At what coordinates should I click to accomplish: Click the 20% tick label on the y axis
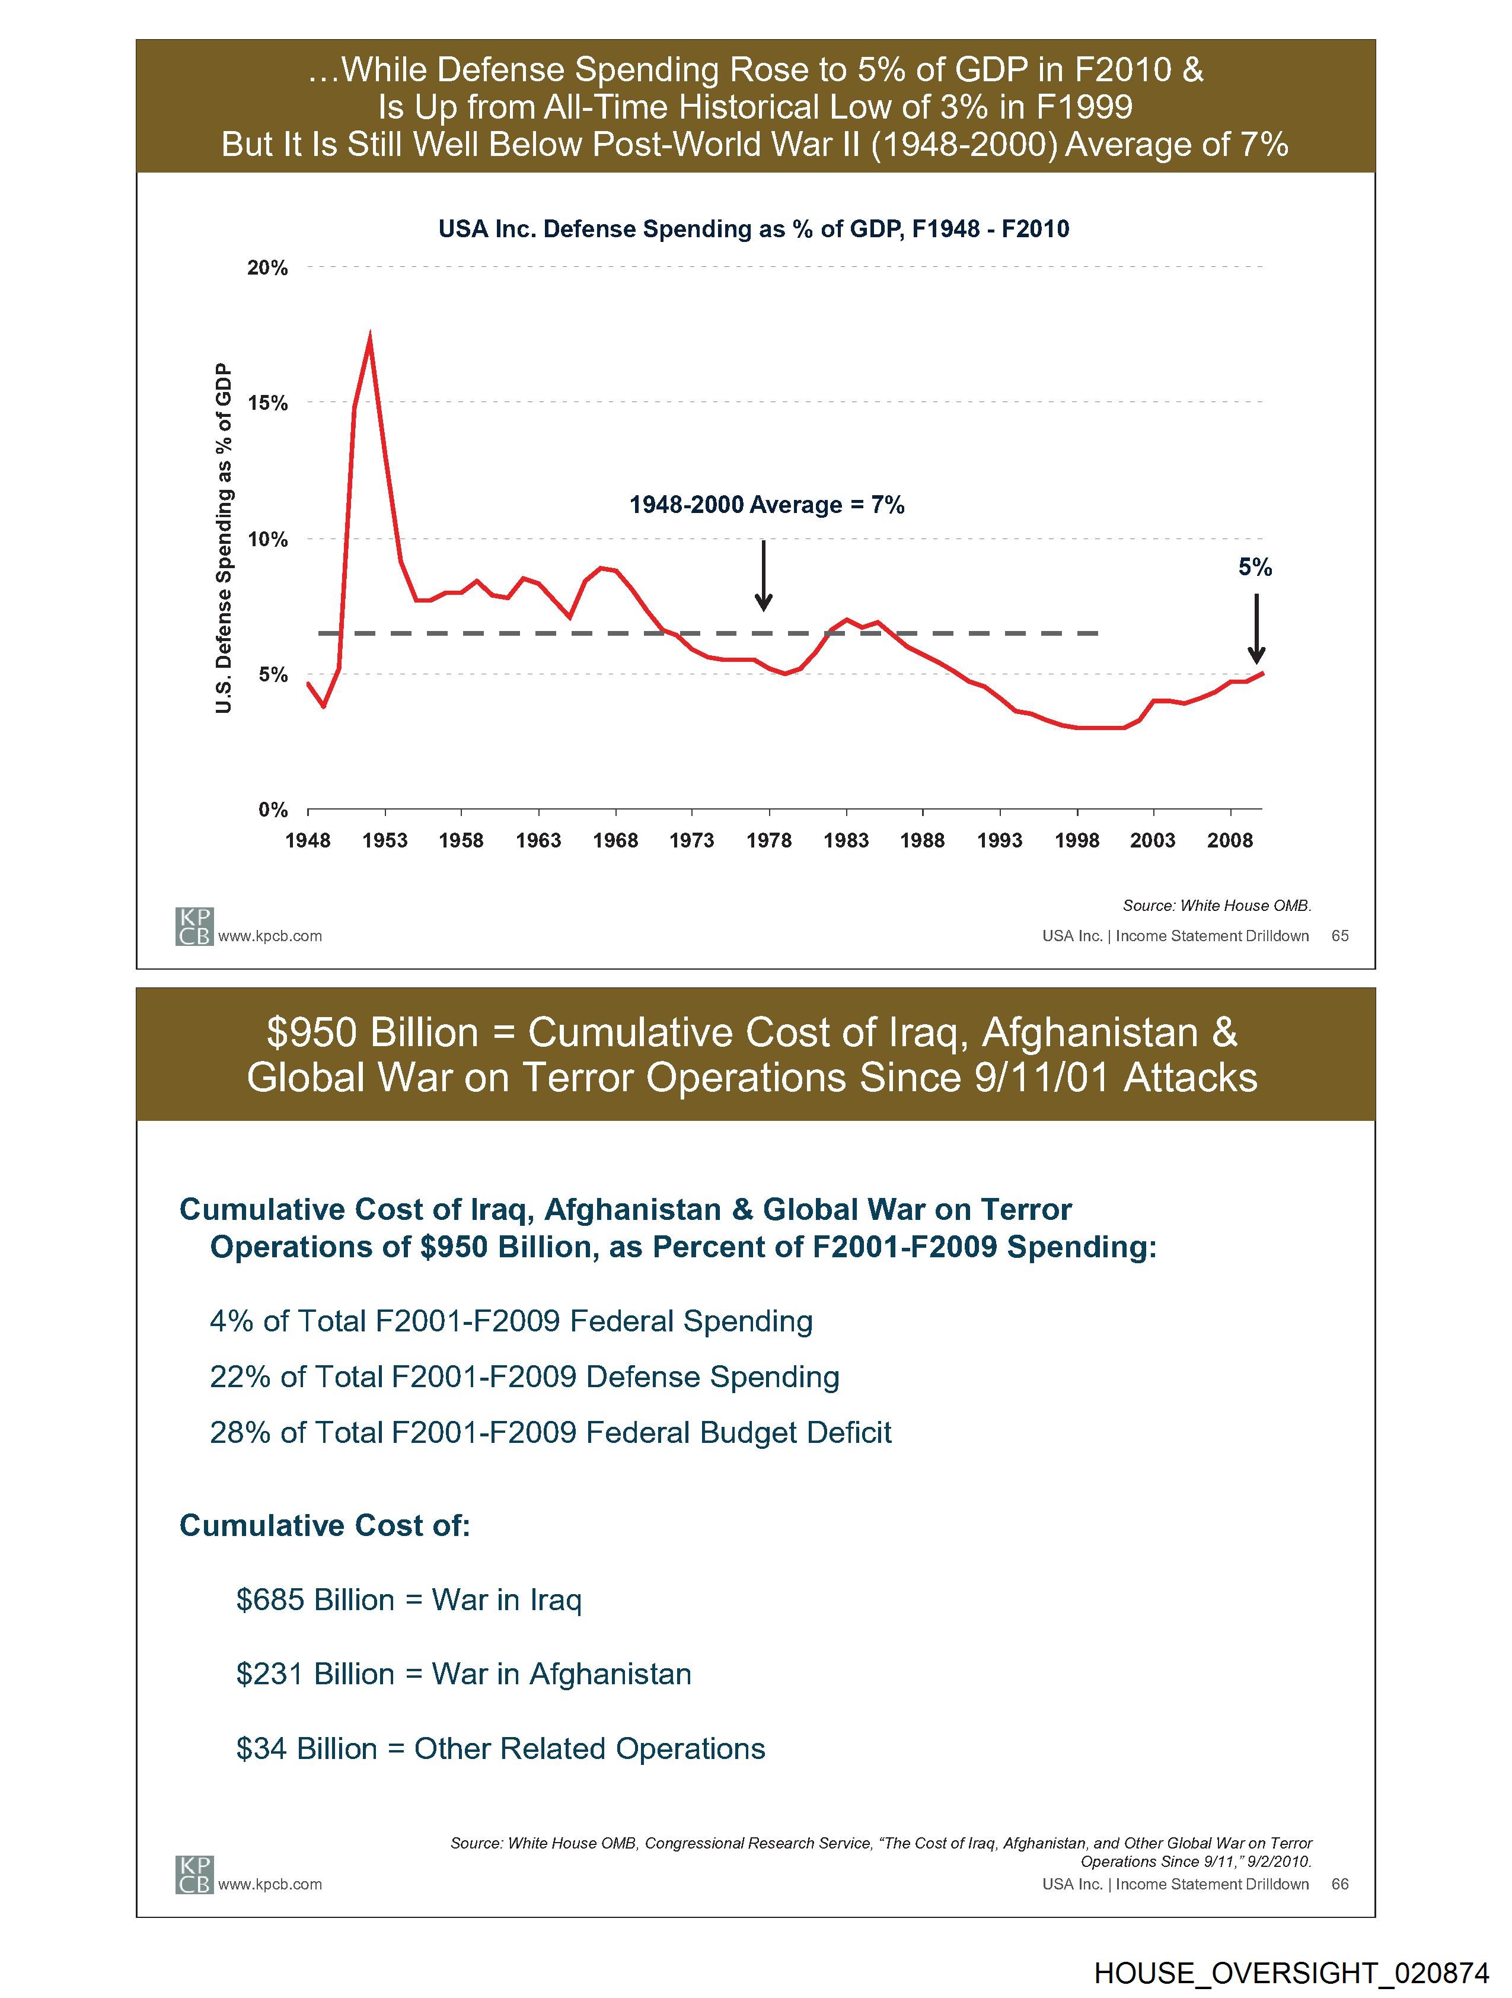[x=267, y=268]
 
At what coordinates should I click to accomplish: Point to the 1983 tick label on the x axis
[x=846, y=841]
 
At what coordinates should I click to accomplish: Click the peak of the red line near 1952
[x=369, y=337]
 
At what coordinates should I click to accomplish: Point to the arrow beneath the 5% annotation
[x=1255, y=629]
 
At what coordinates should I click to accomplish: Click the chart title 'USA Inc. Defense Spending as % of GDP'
[x=753, y=230]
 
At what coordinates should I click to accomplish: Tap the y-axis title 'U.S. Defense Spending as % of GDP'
[x=224, y=538]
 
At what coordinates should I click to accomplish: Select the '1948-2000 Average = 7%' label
[x=767, y=505]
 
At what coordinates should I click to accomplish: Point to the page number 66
[x=1339, y=1884]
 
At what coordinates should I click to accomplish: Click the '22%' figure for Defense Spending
[x=240, y=1376]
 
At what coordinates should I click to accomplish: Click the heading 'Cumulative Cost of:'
[x=325, y=1525]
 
